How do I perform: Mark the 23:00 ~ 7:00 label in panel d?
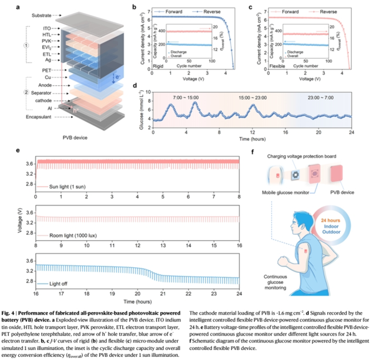324,98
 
